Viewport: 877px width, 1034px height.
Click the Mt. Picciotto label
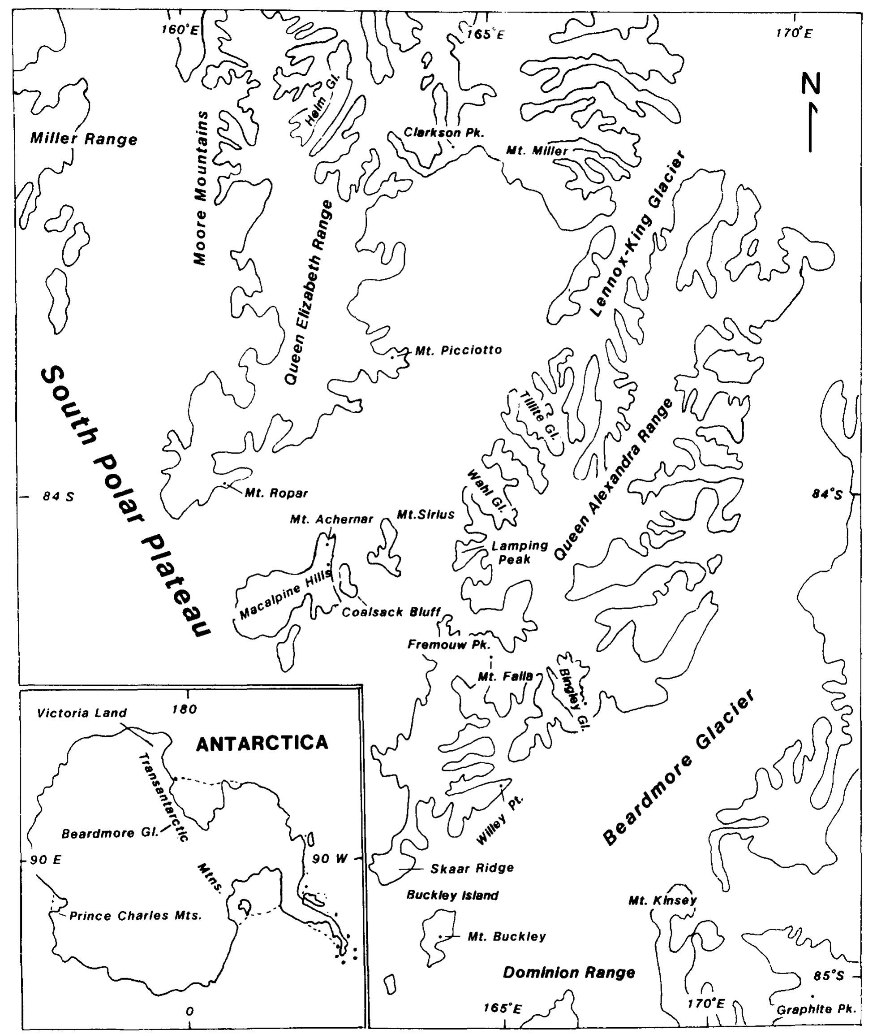pyautogui.click(x=458, y=350)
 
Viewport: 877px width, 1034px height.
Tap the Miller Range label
pyautogui.click(x=83, y=139)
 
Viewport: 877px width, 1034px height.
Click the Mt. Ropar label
pyautogui.click(x=276, y=493)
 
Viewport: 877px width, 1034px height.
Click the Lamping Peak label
pyautogui.click(x=519, y=553)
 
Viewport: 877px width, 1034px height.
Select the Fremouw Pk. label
pyautogui.click(x=449, y=645)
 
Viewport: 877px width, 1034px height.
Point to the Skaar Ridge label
pyautogui.click(x=471, y=868)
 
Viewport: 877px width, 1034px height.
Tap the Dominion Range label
pyautogui.click(x=569, y=972)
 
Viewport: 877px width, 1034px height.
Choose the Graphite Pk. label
pyautogui.click(x=816, y=1010)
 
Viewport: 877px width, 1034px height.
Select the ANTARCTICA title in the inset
pyautogui.click(x=262, y=743)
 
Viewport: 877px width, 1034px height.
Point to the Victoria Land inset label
pyautogui.click(x=82, y=713)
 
